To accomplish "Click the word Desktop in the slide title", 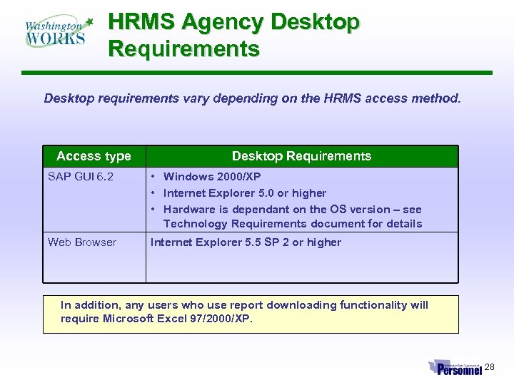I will click(x=315, y=23).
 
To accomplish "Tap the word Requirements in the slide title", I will click(x=183, y=49).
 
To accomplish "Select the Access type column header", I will click(x=94, y=156).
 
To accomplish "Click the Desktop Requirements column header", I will click(x=301, y=156).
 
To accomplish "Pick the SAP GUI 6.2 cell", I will click(x=80, y=176).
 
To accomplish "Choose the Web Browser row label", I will click(x=81, y=242).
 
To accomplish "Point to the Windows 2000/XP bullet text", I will click(x=212, y=176).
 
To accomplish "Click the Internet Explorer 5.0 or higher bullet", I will click(x=245, y=193).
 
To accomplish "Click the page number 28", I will click(x=489, y=367).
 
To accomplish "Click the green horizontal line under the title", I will click(x=257, y=73).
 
